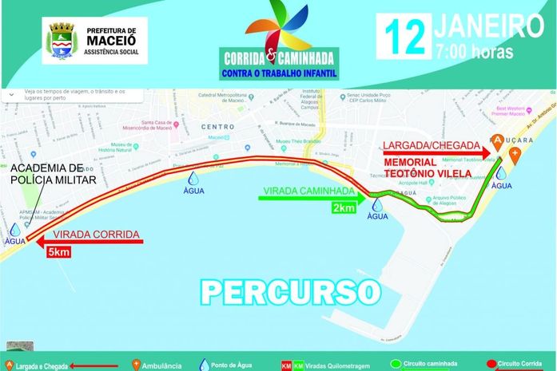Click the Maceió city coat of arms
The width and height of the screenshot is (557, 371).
click(x=61, y=40)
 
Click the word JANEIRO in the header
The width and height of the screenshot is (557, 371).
click(x=488, y=25)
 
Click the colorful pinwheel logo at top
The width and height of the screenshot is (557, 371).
click(x=277, y=27)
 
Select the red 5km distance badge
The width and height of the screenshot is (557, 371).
click(x=59, y=253)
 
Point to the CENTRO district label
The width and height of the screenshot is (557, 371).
click(x=217, y=127)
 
